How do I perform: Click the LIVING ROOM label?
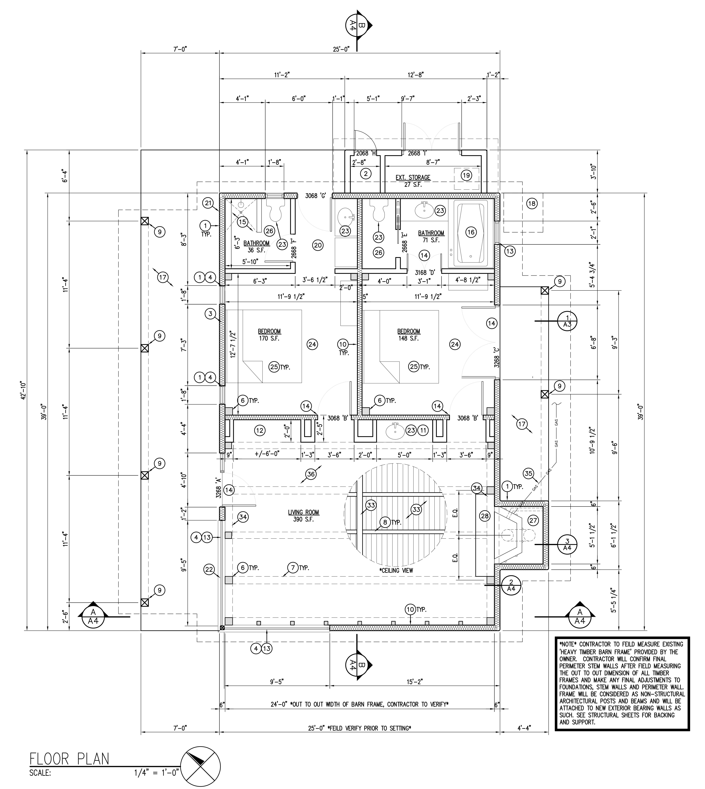[x=303, y=512]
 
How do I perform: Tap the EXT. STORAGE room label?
[x=413, y=177]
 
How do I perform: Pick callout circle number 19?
[x=466, y=175]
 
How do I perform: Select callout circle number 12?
[x=260, y=430]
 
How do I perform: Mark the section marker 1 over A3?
[x=567, y=321]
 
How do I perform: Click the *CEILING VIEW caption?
[x=396, y=570]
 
